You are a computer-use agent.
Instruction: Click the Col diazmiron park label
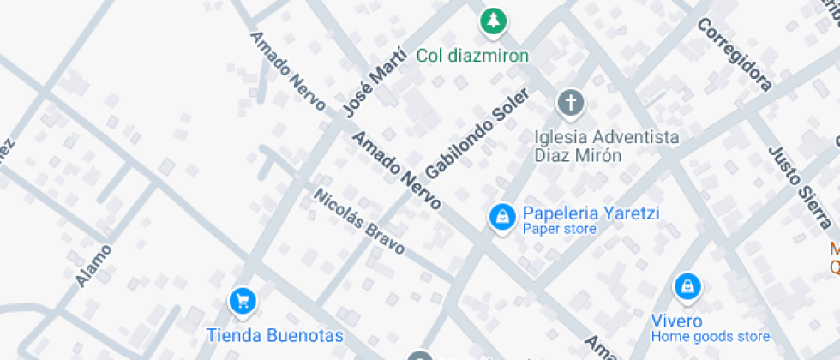[472, 56]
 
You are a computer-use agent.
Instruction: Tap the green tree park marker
[493, 20]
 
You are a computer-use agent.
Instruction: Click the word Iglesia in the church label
[561, 138]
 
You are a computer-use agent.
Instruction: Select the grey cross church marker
[570, 104]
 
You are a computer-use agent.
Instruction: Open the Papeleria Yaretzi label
[591, 213]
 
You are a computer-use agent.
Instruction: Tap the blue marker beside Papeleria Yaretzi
[501, 216]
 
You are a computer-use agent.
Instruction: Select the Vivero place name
[676, 321]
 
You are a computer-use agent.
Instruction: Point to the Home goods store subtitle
[710, 337]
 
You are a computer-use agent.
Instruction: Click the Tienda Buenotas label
[275, 335]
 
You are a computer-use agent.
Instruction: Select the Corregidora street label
[734, 55]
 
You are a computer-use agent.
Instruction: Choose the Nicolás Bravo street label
[358, 221]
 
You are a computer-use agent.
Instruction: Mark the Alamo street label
[93, 266]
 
